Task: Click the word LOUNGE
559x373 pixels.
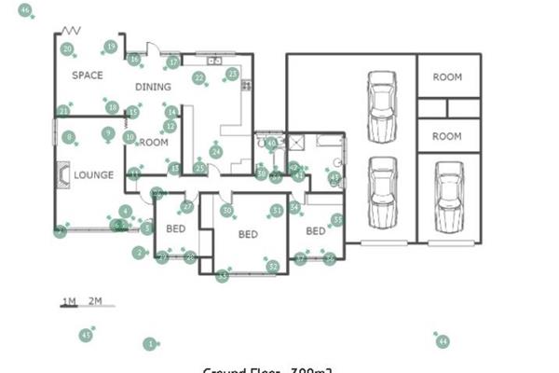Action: [x=94, y=174]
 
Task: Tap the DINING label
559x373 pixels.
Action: [x=153, y=88]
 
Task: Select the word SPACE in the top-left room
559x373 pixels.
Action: [x=88, y=76]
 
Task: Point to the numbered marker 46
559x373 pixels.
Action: [x=25, y=11]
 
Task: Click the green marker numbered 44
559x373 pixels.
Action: [x=443, y=342]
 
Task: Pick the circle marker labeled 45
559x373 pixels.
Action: [x=86, y=334]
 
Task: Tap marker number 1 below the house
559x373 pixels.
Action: [x=149, y=344]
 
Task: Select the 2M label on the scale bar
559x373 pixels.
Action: [x=95, y=300]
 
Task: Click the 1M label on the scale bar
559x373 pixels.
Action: [x=69, y=300]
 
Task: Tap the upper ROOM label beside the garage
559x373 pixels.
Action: [x=447, y=77]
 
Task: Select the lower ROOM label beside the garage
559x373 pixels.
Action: [x=447, y=136]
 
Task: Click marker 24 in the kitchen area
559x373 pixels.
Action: [x=216, y=151]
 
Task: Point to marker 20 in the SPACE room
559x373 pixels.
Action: [x=67, y=49]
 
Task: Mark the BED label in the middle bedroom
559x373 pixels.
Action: [x=247, y=234]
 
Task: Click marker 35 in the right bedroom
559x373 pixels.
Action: [x=337, y=220]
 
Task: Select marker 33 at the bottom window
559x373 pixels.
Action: [x=222, y=275]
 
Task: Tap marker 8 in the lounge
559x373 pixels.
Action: [x=69, y=137]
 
